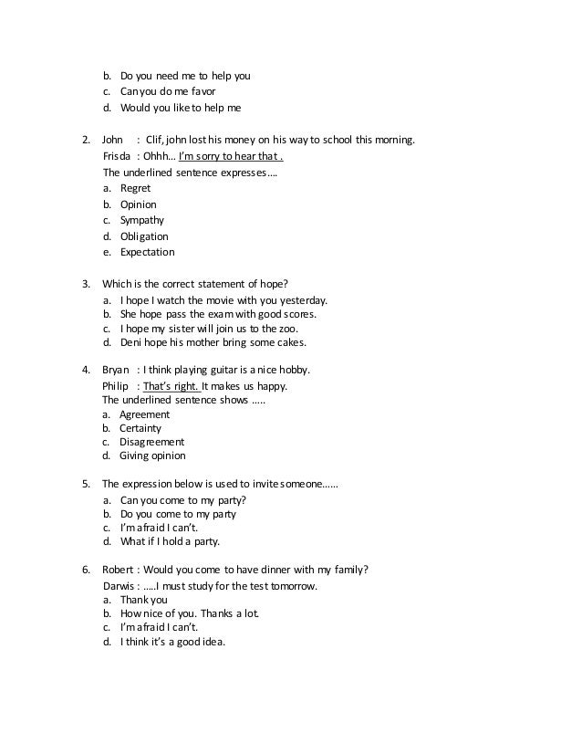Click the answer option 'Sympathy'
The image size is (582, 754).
[x=142, y=220]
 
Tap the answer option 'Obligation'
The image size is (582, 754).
[x=144, y=236]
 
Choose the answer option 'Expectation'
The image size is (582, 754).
[x=147, y=252]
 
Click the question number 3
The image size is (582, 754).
[x=86, y=284]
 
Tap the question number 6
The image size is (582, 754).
[x=86, y=569]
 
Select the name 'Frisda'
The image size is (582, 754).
[x=118, y=156]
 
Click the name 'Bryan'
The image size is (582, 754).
[x=116, y=370]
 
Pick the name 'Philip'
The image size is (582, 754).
[x=117, y=385]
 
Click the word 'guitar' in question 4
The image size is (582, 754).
[x=240, y=370]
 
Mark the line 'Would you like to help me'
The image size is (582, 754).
[x=181, y=108]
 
